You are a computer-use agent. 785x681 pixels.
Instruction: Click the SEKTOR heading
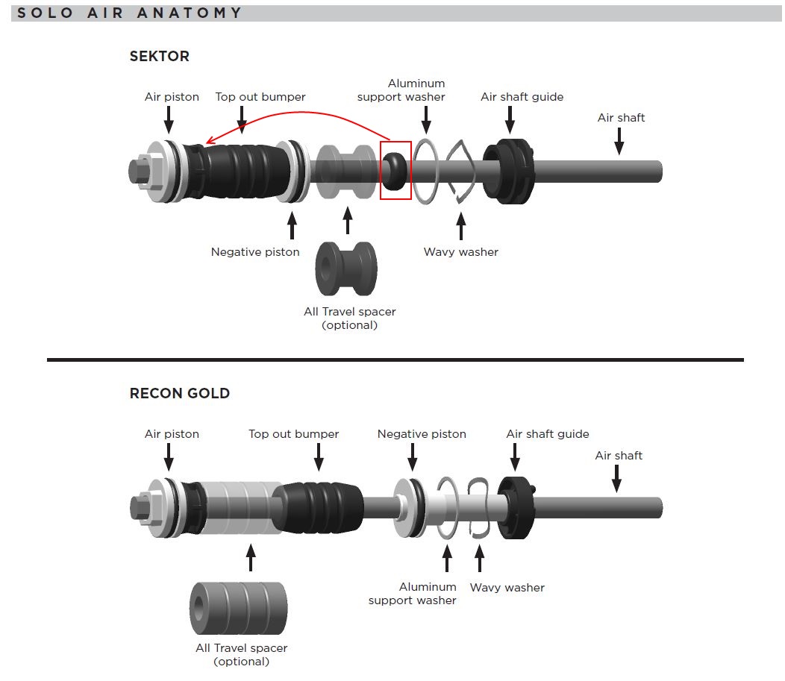click(159, 56)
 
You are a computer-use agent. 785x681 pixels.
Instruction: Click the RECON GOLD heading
click(179, 393)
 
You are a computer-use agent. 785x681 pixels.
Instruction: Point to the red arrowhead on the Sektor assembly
click(210, 142)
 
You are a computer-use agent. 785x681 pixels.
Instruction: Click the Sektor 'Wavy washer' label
click(460, 252)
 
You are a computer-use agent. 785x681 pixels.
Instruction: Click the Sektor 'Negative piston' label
click(255, 252)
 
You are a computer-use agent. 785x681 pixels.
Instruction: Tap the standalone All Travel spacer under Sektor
click(347, 269)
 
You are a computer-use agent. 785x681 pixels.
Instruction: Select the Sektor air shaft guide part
click(510, 171)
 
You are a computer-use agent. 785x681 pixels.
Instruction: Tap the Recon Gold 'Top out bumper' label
click(293, 434)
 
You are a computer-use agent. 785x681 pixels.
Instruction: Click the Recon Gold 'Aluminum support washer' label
click(412, 594)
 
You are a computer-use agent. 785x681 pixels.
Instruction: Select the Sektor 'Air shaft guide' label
click(522, 97)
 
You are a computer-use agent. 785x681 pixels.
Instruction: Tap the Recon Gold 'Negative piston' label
click(422, 434)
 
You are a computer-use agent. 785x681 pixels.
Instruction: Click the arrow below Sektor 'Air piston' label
click(169, 119)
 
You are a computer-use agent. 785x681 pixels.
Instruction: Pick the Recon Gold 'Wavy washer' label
click(507, 588)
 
